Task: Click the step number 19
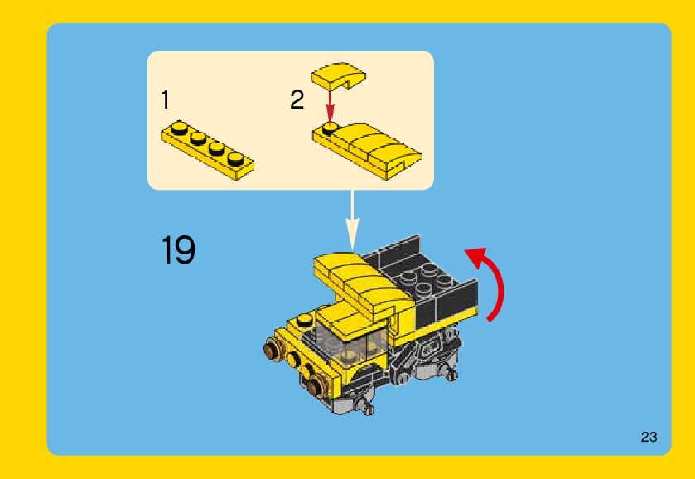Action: [x=178, y=249]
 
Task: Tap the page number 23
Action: [x=649, y=437]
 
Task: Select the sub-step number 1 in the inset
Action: [x=166, y=99]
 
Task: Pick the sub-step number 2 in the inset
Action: [x=297, y=99]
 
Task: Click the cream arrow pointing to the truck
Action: [x=352, y=220]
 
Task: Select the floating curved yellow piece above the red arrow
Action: [x=339, y=74]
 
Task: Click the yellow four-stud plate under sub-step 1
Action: [x=207, y=149]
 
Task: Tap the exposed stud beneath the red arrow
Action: [x=329, y=129]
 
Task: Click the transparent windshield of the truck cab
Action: [x=350, y=342]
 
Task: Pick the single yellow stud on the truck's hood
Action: [x=304, y=319]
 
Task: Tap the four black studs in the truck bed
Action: [x=424, y=278]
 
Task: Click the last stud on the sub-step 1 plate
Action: [x=235, y=159]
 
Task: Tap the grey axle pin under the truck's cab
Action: [x=366, y=406]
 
